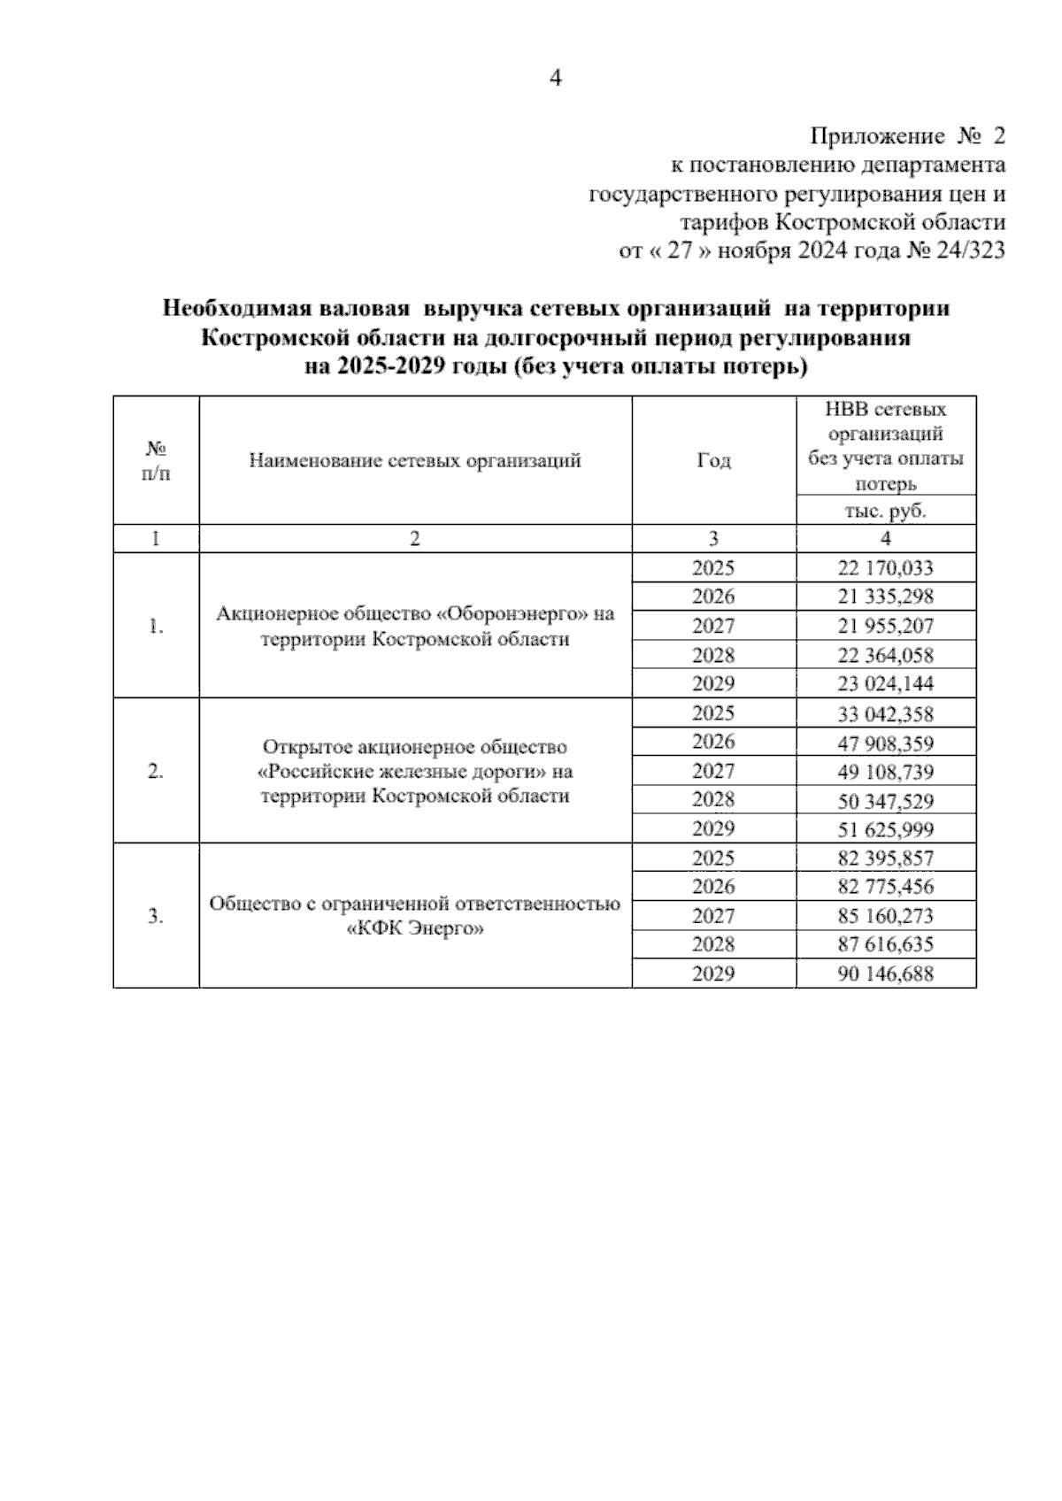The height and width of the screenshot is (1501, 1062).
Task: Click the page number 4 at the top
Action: (x=555, y=79)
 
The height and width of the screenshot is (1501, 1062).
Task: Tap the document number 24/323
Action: (x=970, y=251)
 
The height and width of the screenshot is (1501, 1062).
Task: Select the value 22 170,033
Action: (x=885, y=568)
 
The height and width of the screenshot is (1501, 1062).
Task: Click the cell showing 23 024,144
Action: (x=885, y=684)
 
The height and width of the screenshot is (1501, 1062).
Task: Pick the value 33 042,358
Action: (x=885, y=714)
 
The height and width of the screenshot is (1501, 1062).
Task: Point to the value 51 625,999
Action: (x=885, y=830)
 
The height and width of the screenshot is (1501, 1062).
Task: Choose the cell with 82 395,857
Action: (x=885, y=858)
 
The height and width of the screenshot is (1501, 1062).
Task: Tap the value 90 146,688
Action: (x=885, y=974)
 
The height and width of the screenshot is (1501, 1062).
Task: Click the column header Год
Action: (x=713, y=461)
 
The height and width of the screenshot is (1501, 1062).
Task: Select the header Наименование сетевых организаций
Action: (x=415, y=461)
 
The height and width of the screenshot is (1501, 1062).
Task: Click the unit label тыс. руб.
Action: (x=885, y=512)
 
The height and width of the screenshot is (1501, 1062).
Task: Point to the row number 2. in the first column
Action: (x=156, y=772)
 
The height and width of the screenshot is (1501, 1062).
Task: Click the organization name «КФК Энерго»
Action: (x=414, y=929)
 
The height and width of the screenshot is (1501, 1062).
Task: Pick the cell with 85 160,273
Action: (x=885, y=916)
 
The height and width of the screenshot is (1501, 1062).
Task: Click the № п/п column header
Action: (x=156, y=461)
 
